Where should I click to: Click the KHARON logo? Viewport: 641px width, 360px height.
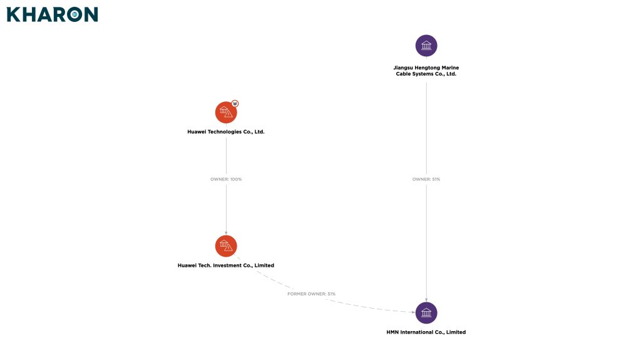(53, 14)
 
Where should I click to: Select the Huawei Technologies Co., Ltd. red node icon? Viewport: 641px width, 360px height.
(226, 113)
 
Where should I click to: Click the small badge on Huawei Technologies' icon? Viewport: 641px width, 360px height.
(235, 103)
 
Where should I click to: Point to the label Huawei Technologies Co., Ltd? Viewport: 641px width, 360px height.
(226, 132)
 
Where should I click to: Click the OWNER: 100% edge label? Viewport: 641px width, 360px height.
(226, 180)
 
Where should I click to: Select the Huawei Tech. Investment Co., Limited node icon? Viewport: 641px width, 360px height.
(226, 246)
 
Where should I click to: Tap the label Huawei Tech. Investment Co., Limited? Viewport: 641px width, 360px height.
(226, 265)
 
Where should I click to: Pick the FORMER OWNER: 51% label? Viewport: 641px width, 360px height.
(312, 294)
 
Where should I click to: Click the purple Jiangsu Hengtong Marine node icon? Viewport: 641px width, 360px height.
(426, 46)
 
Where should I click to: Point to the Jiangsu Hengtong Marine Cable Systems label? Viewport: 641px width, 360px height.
(426, 71)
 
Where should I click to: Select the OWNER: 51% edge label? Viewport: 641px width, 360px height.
(426, 180)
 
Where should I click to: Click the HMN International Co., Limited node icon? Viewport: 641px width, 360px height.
(426, 312)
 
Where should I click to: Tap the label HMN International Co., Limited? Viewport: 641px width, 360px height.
(426, 332)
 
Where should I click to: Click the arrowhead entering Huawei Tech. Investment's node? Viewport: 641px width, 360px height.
(226, 232)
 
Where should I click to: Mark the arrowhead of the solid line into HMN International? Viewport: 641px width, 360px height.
(426, 299)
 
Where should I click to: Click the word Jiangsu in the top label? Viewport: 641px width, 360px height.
(403, 68)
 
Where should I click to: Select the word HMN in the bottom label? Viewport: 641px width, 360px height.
(394, 332)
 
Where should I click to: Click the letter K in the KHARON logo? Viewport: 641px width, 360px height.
(13, 14)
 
